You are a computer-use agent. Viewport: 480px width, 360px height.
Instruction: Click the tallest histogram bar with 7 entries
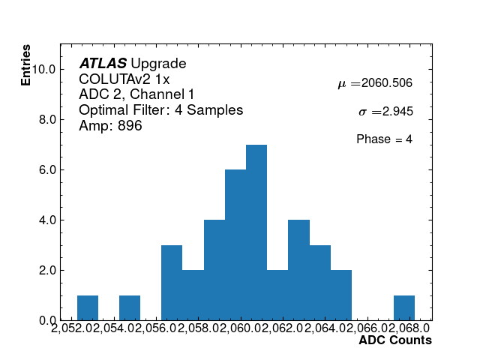tap(256, 232)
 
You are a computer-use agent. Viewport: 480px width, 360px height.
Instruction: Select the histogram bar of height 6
tap(235, 245)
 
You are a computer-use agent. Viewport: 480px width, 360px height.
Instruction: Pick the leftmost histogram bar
tap(88, 307)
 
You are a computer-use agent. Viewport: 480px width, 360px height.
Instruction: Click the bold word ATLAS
tap(103, 64)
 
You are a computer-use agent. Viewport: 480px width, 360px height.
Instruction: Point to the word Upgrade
tap(158, 64)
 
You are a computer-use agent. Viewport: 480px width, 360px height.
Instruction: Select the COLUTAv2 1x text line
tap(124, 79)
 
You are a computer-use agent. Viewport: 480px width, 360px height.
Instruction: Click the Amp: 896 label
tap(110, 126)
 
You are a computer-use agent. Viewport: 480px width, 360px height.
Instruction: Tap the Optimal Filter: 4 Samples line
tap(160, 110)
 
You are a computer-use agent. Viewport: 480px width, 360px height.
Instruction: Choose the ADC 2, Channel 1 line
tap(136, 94)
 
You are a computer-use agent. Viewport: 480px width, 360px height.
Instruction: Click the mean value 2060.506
tap(387, 83)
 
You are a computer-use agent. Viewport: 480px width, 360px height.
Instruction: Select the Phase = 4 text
tap(384, 139)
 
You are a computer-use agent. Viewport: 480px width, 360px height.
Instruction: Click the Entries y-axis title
tap(26, 64)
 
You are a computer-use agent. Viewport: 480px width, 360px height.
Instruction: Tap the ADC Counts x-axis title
tap(394, 340)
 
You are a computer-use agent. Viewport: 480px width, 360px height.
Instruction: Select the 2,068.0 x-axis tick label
tap(409, 329)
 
